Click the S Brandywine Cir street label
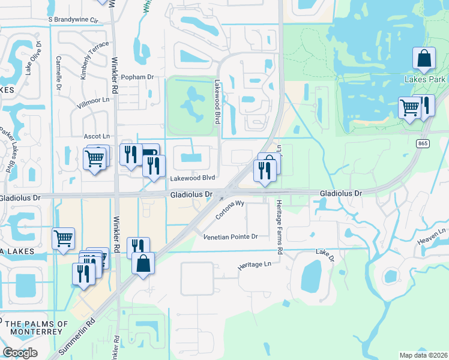coord(73,19)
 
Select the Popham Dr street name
coord(137,77)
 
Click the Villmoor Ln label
coord(92,103)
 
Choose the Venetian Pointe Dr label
coord(231,237)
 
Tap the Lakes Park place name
coord(425,79)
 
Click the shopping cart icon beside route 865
coord(410,108)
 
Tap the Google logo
coord(20,353)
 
